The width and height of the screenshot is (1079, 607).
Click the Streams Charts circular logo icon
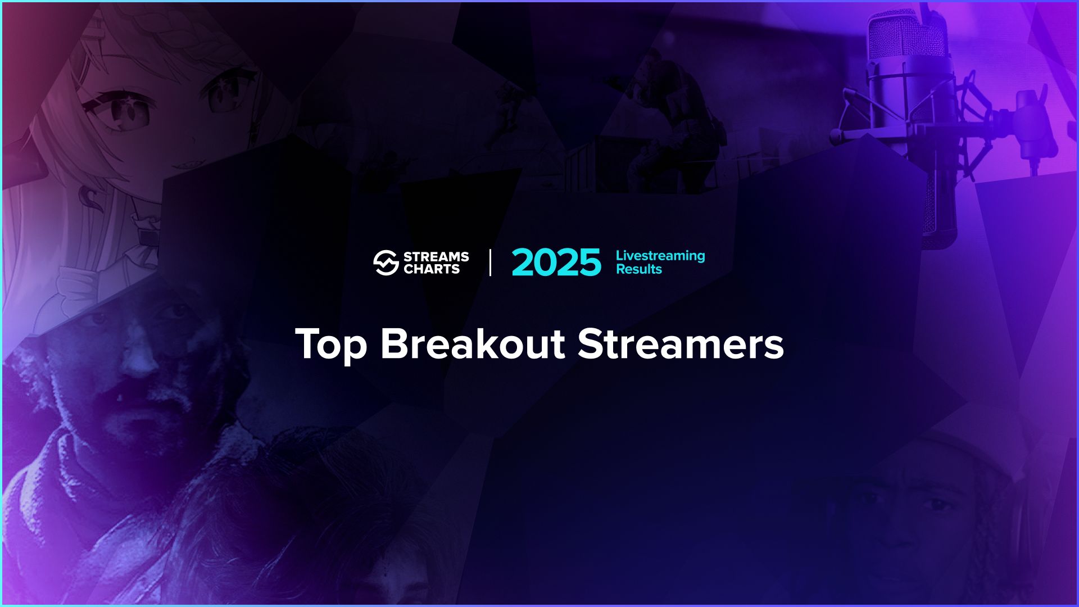coord(386,262)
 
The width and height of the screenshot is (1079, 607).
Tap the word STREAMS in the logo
coord(436,257)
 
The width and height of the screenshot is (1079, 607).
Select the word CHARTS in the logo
coord(432,269)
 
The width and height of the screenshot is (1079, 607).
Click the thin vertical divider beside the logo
coord(490,262)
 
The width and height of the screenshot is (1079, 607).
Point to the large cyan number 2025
coord(556,262)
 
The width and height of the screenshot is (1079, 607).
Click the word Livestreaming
coord(660,256)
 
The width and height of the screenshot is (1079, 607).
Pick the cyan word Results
coord(639,269)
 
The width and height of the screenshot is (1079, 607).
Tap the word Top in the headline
coord(331,344)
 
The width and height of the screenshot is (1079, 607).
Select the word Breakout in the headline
coord(473,344)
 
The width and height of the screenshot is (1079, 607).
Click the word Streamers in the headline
coord(681,344)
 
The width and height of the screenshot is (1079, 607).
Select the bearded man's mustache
coord(140,393)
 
